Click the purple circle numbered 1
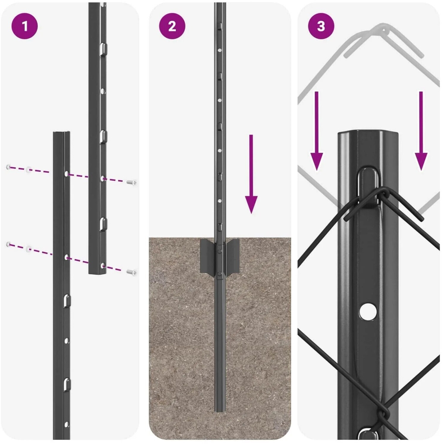[x=25, y=26]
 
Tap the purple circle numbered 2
[x=172, y=26]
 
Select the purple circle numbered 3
[x=321, y=26]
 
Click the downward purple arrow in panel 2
[x=251, y=174]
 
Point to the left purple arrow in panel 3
[x=317, y=131]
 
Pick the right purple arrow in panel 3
[x=421, y=131]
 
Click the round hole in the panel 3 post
[x=368, y=311]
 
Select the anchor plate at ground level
[x=220, y=256]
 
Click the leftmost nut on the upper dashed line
[x=9, y=167]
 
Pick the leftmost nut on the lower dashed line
[x=9, y=244]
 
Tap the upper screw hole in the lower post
[x=67, y=173]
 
